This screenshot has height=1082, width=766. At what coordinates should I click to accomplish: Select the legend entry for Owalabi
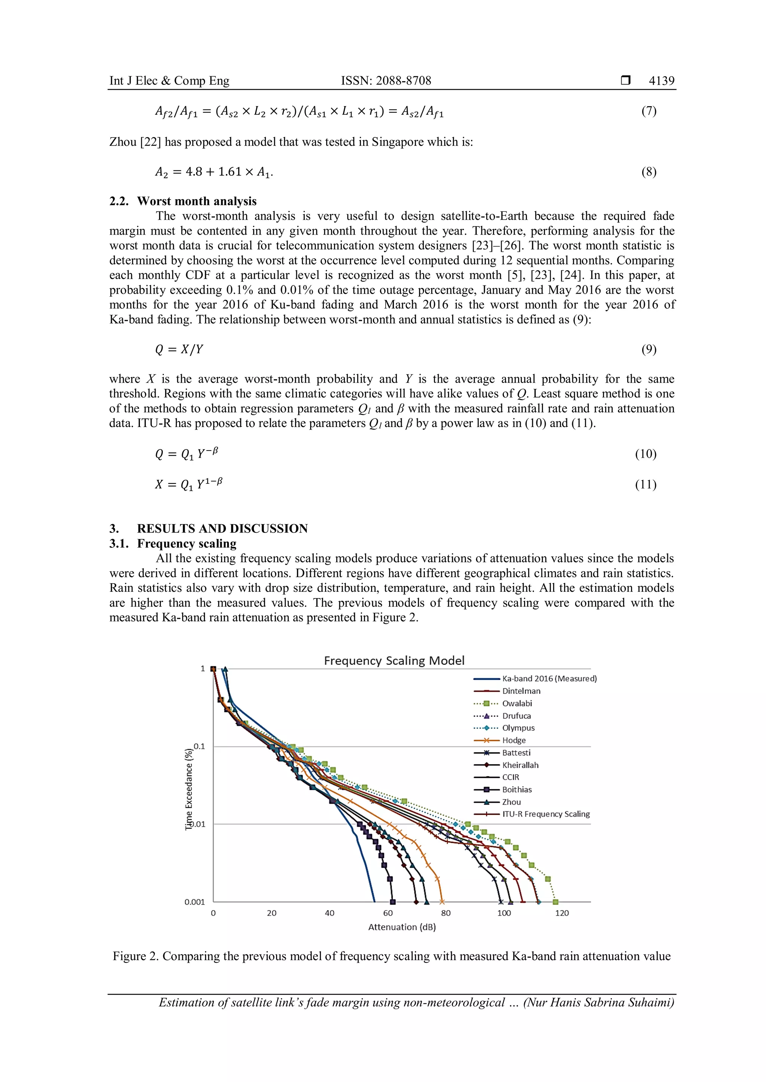(517, 703)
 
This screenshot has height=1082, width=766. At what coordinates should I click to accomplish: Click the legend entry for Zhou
(511, 802)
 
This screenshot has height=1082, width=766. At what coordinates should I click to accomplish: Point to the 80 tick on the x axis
(446, 913)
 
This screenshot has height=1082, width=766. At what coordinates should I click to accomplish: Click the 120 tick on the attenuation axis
(562, 913)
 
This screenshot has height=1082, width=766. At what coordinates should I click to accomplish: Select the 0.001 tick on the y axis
(195, 902)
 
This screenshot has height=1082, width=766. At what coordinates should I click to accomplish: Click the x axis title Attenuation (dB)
(402, 927)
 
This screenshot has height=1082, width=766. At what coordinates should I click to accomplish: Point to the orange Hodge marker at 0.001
(442, 902)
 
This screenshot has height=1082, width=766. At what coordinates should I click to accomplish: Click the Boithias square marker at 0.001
(393, 902)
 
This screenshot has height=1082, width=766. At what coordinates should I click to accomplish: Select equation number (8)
(649, 171)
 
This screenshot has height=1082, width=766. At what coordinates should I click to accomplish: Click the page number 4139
(661, 81)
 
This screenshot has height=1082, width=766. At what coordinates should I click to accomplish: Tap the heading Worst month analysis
(197, 201)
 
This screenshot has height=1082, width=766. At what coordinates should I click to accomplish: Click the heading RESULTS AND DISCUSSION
(222, 528)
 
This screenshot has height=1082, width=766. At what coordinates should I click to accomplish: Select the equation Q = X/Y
(179, 349)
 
